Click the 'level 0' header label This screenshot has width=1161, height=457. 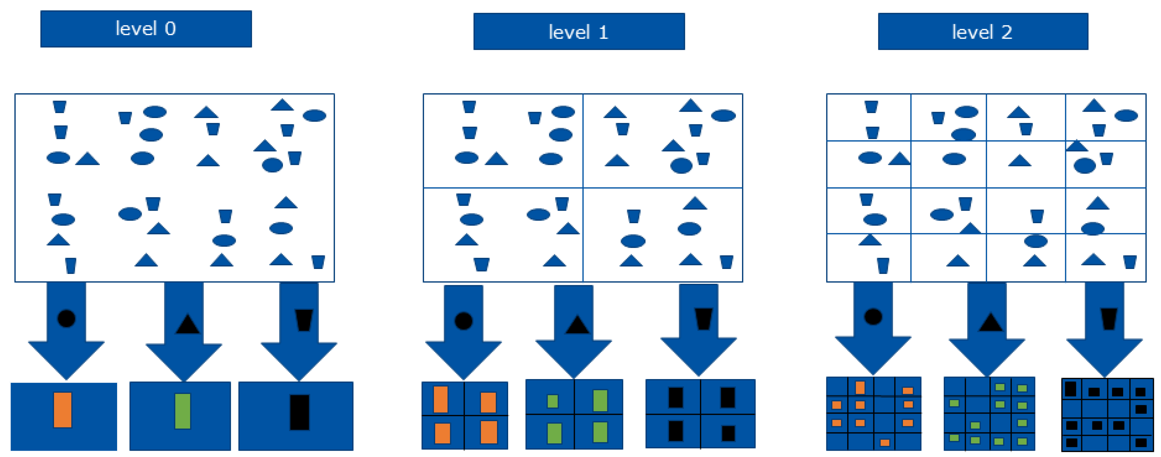point(146,29)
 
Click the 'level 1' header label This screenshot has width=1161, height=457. point(579,32)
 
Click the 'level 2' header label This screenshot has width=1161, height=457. point(983,32)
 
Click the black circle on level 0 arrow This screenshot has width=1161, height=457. point(66,319)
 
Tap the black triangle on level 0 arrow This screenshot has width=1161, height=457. point(187,324)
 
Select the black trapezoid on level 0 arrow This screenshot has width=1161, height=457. point(304,320)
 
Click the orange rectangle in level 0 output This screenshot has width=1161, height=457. point(63,410)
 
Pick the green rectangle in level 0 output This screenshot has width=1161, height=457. point(182,411)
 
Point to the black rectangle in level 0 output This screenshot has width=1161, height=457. point(299,412)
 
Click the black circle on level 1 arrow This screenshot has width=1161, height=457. point(463,321)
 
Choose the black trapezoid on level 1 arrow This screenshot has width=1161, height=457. point(704,319)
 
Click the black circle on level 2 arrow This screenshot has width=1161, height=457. point(873,316)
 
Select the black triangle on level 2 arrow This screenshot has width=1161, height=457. point(990,323)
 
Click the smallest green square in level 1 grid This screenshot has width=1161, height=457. point(553,401)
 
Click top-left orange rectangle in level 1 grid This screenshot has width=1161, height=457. point(440,399)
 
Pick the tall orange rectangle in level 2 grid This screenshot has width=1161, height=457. point(860,388)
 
